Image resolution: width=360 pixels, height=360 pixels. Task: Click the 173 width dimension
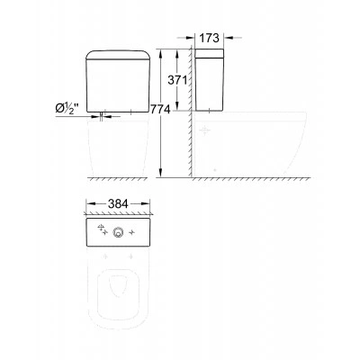click(210, 38)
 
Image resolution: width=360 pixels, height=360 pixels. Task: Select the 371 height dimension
click(177, 80)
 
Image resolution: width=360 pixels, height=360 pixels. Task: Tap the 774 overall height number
click(160, 110)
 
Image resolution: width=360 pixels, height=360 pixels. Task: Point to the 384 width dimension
click(118, 204)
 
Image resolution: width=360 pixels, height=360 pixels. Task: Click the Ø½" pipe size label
click(67, 108)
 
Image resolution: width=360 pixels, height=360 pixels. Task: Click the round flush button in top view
click(117, 232)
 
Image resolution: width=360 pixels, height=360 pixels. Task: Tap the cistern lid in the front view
click(118, 55)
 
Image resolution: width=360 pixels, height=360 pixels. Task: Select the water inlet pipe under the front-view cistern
click(103, 117)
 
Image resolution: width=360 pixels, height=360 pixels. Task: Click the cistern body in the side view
click(209, 80)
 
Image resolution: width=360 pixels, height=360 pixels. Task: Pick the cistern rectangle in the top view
click(118, 232)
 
